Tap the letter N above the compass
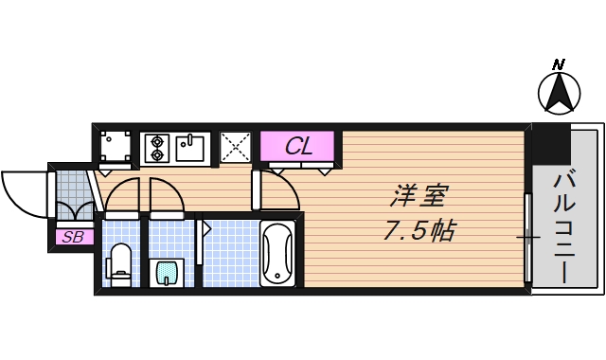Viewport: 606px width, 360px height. (559, 64)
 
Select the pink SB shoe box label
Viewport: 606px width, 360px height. (72, 237)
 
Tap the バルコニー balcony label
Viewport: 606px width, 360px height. (566, 227)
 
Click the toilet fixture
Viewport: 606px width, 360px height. (120, 262)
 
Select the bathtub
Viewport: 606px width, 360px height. (278, 252)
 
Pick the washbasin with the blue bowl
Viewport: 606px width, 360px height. (166, 273)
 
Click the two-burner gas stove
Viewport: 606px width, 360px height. (157, 147)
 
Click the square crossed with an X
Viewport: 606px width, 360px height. (235, 147)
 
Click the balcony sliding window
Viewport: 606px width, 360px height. (528, 236)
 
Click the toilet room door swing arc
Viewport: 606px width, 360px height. (123, 195)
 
